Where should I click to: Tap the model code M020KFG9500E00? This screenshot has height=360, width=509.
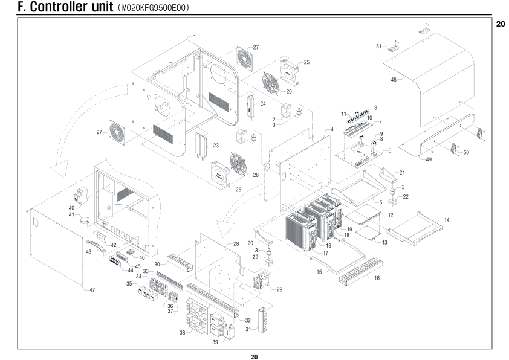click(x=154, y=8)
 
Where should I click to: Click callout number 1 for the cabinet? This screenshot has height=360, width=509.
click(x=195, y=37)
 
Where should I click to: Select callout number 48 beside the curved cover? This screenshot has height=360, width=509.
click(x=394, y=80)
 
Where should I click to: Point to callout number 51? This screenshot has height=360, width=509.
click(x=379, y=47)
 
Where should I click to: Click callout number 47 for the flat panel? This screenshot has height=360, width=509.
click(x=92, y=289)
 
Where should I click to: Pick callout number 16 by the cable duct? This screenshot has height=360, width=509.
click(x=377, y=278)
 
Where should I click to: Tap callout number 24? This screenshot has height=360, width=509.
click(x=262, y=104)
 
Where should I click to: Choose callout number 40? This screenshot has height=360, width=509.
click(x=71, y=208)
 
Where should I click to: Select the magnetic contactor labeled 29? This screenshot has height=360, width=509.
click(x=262, y=279)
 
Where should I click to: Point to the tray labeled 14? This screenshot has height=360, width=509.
click(x=416, y=226)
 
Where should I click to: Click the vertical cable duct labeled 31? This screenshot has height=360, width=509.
click(x=263, y=320)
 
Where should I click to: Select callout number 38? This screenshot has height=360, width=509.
click(x=183, y=333)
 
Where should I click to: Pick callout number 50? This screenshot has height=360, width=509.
click(x=466, y=152)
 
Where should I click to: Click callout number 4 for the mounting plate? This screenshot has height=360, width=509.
click(x=332, y=130)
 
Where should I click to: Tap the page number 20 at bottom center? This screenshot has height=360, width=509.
click(x=254, y=357)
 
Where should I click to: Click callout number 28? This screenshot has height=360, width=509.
click(x=236, y=244)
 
